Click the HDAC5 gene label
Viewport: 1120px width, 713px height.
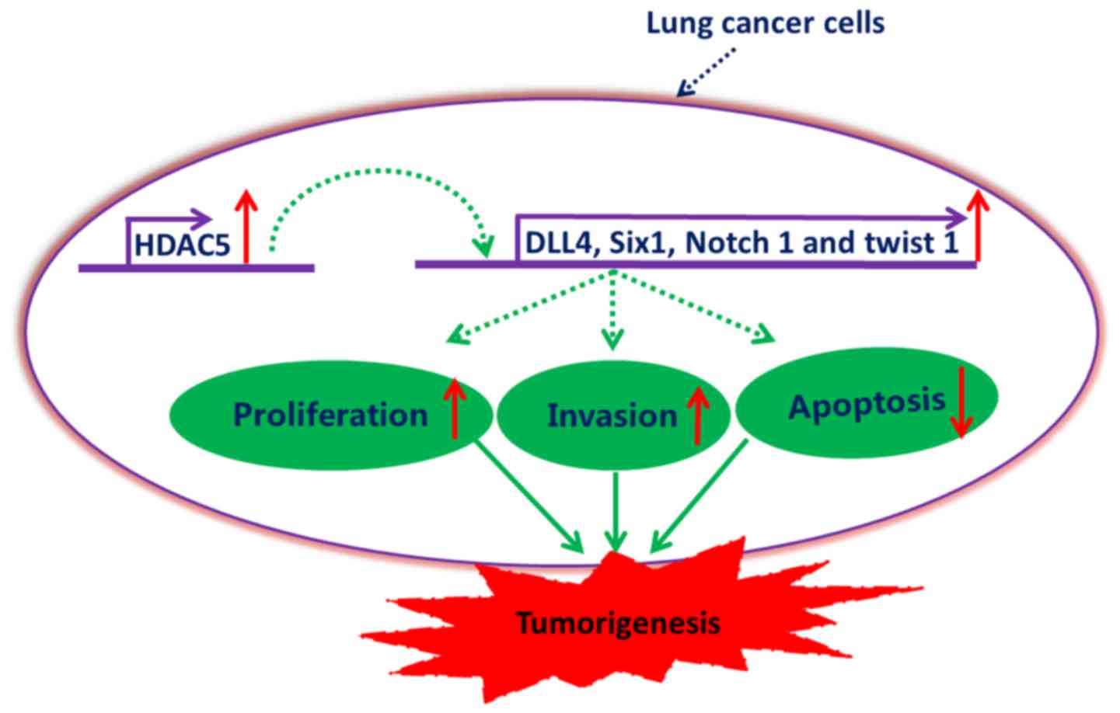tap(183, 245)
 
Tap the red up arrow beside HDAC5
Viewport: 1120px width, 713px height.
tap(246, 226)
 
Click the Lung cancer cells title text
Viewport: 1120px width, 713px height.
tap(766, 23)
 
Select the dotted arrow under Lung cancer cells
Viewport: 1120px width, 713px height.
tap(706, 71)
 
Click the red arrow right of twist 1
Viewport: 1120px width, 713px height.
tap(978, 225)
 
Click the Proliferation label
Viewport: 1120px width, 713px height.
tap(330, 415)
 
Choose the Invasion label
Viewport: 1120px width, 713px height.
tap(612, 416)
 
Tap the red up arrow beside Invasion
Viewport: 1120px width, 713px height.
tap(698, 416)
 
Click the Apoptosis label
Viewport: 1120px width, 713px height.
tap(867, 405)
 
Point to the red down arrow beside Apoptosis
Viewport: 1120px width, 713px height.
tap(961, 402)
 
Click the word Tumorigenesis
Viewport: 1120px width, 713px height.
tap(619, 623)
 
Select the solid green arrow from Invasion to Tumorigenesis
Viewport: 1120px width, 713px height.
tap(616, 512)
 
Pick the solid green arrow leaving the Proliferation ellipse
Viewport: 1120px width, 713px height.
tap(529, 496)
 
